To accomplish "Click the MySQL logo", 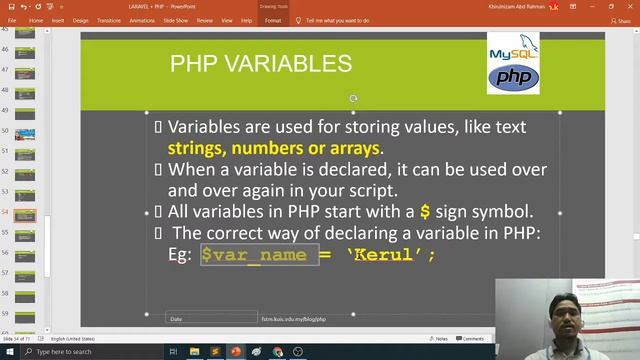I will pyautogui.click(x=513, y=52).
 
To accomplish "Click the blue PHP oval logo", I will pyautogui.click(x=513, y=78).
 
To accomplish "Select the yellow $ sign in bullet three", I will pyautogui.click(x=425, y=211).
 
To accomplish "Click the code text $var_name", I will pyautogui.click(x=258, y=255).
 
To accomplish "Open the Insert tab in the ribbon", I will pyautogui.click(x=58, y=20).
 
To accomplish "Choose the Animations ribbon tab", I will pyautogui.click(x=140, y=20).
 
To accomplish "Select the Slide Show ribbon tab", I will pyautogui.click(x=176, y=20).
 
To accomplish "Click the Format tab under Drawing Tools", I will pyautogui.click(x=273, y=20).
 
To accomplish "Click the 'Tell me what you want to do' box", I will pyautogui.click(x=341, y=20).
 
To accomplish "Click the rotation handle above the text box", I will pyautogui.click(x=353, y=99).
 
